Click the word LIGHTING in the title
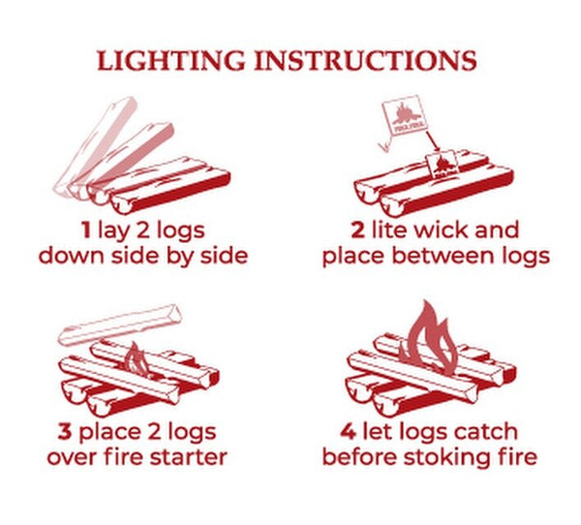(170, 60)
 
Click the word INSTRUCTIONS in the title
(366, 60)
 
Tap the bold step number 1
(86, 230)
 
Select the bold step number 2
(357, 230)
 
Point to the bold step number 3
(65, 432)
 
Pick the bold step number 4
(348, 432)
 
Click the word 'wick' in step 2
(441, 230)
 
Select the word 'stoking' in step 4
(448, 458)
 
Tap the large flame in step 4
(430, 339)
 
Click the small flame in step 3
(138, 360)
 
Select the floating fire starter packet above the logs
(405, 115)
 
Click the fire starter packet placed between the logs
(443, 165)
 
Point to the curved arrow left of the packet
(385, 142)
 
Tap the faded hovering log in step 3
(120, 324)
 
